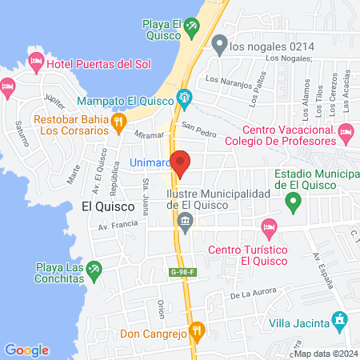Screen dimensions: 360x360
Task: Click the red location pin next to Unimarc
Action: [x=182, y=162]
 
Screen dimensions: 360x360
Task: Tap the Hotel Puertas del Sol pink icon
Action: [x=36, y=62]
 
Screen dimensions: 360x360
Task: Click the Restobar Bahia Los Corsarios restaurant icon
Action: [x=118, y=122]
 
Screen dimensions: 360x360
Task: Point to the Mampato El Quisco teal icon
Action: [x=186, y=100]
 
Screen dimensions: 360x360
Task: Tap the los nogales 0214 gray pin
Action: [x=219, y=46]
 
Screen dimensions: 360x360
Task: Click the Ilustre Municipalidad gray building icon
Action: [x=186, y=222]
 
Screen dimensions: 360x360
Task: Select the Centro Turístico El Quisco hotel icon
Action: [x=270, y=227]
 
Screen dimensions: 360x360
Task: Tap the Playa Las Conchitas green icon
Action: [x=94, y=269]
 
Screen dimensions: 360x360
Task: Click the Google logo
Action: [x=26, y=350]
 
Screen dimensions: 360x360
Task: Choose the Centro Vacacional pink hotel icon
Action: [x=346, y=130]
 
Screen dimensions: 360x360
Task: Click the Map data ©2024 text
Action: [x=323, y=354]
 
